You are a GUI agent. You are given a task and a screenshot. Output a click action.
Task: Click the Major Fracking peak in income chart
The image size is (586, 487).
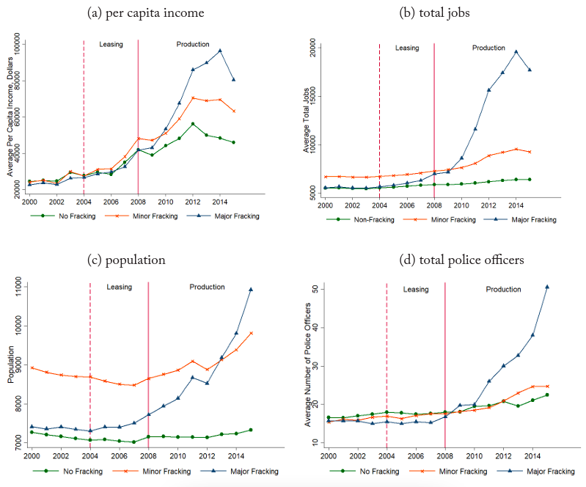click(220, 51)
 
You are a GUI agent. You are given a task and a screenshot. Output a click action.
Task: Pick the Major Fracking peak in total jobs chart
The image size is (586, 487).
click(516, 51)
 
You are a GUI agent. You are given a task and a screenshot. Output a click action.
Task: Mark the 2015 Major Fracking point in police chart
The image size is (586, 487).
click(547, 287)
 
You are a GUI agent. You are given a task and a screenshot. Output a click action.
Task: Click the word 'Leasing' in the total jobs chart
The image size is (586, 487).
click(407, 48)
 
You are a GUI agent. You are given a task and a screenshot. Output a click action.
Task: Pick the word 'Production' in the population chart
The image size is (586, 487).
click(208, 287)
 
